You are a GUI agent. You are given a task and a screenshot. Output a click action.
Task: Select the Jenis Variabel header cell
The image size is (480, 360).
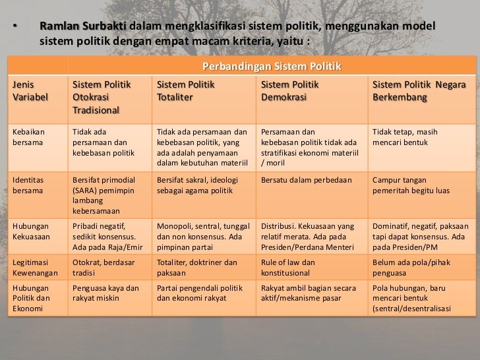click(27, 91)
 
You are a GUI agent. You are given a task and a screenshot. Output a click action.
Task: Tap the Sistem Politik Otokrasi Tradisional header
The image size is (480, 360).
click(102, 97)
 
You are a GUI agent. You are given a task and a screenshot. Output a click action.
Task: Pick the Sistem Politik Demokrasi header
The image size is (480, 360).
click(290, 91)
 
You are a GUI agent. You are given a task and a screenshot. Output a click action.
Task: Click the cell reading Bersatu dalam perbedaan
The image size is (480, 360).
click(306, 179)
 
